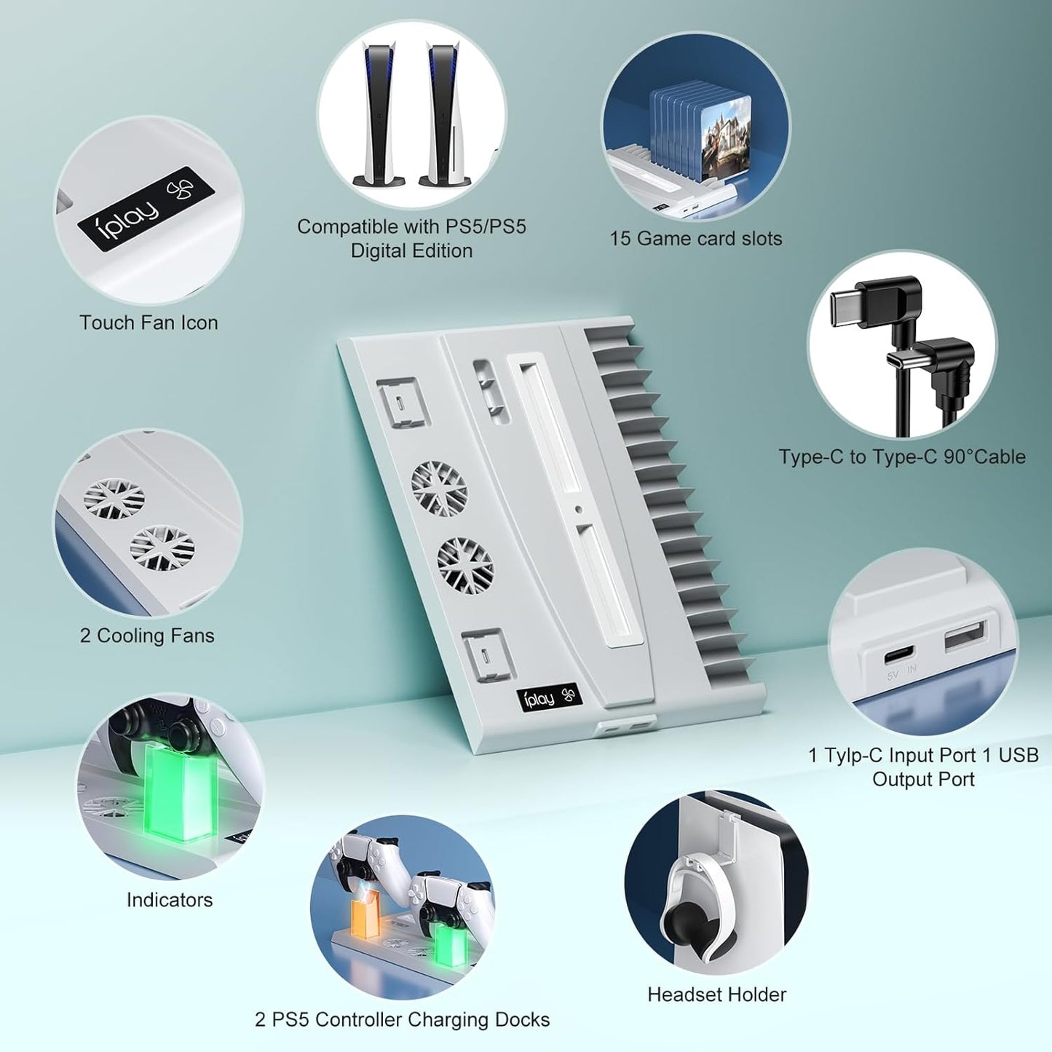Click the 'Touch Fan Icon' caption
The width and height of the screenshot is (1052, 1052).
[149, 323]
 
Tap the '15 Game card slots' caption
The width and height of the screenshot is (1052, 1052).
[695, 239]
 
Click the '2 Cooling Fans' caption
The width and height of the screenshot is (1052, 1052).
[147, 636]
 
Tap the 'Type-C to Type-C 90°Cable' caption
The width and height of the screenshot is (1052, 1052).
[902, 456]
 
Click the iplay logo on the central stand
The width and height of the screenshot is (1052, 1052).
[550, 700]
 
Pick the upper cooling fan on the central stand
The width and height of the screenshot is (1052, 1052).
[440, 489]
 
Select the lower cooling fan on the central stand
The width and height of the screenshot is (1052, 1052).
[465, 566]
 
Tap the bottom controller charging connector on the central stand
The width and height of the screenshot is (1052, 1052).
[488, 655]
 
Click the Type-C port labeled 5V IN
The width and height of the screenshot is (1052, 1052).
[900, 653]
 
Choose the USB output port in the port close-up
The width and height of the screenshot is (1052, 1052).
[966, 636]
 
